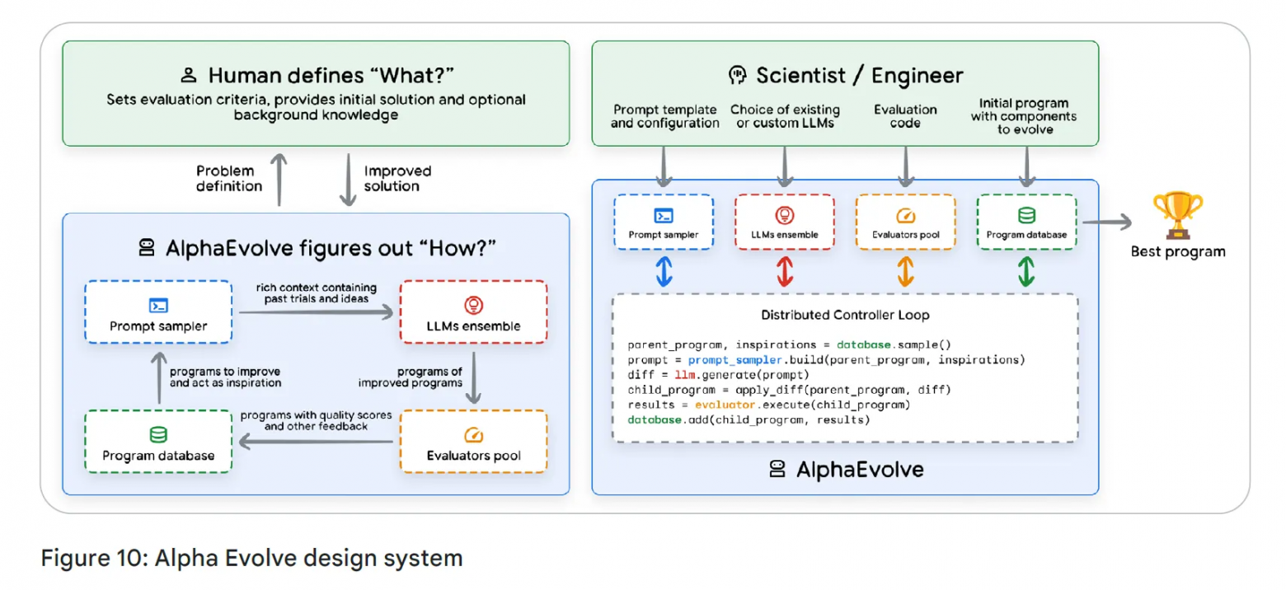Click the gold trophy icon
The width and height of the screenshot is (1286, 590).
pyautogui.click(x=1178, y=215)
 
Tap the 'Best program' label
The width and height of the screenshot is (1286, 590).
pyautogui.click(x=1178, y=251)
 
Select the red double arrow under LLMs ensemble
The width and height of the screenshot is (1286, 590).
pyautogui.click(x=784, y=271)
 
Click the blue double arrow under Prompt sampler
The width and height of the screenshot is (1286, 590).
pyautogui.click(x=664, y=271)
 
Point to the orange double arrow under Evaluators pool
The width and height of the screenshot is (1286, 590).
pyautogui.click(x=905, y=271)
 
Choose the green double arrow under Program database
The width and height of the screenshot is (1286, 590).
pyautogui.click(x=1026, y=271)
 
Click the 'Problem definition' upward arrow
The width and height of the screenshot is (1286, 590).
pyautogui.click(x=280, y=179)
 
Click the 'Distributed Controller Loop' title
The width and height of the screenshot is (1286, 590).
pyautogui.click(x=845, y=315)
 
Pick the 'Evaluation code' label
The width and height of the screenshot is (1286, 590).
pyautogui.click(x=905, y=116)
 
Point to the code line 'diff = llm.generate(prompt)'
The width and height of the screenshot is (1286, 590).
pyautogui.click(x=720, y=374)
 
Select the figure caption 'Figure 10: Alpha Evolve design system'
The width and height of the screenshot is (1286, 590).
pyautogui.click(x=251, y=558)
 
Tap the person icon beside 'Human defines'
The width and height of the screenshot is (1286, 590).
pyautogui.click(x=189, y=77)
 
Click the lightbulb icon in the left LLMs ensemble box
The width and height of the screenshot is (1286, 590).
pyautogui.click(x=472, y=305)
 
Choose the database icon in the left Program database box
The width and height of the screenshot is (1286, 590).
pyautogui.click(x=157, y=434)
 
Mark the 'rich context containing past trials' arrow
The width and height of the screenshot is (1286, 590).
pyautogui.click(x=314, y=311)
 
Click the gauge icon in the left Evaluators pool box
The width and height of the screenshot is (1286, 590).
pyautogui.click(x=472, y=434)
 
